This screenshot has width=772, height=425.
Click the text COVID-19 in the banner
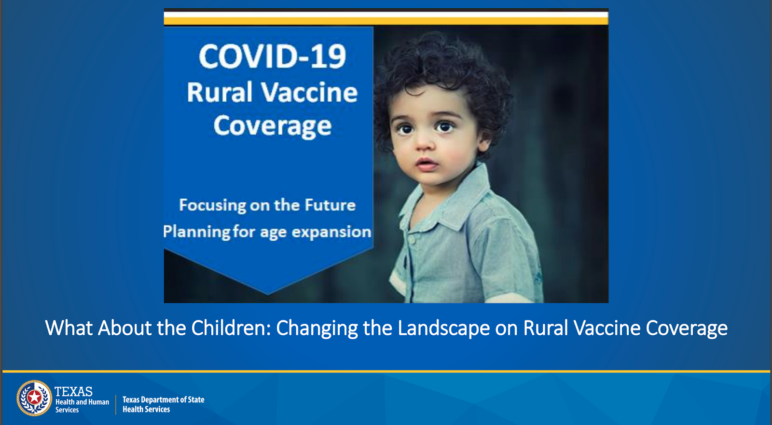tap(272, 56)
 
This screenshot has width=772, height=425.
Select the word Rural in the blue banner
tap(219, 92)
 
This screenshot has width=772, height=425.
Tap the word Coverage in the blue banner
tap(272, 126)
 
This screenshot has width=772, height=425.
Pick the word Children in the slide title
tap(231, 328)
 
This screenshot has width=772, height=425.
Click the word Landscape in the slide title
tap(443, 328)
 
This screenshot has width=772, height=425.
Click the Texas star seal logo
tap(34, 398)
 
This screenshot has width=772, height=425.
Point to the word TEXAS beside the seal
tap(73, 392)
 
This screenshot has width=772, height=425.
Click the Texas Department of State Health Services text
tap(164, 404)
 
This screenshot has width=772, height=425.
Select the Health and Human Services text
tap(82, 406)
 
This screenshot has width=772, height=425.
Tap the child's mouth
tap(427, 164)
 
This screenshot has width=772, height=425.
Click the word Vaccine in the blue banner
tap(309, 92)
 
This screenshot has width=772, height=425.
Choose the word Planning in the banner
tap(196, 232)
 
